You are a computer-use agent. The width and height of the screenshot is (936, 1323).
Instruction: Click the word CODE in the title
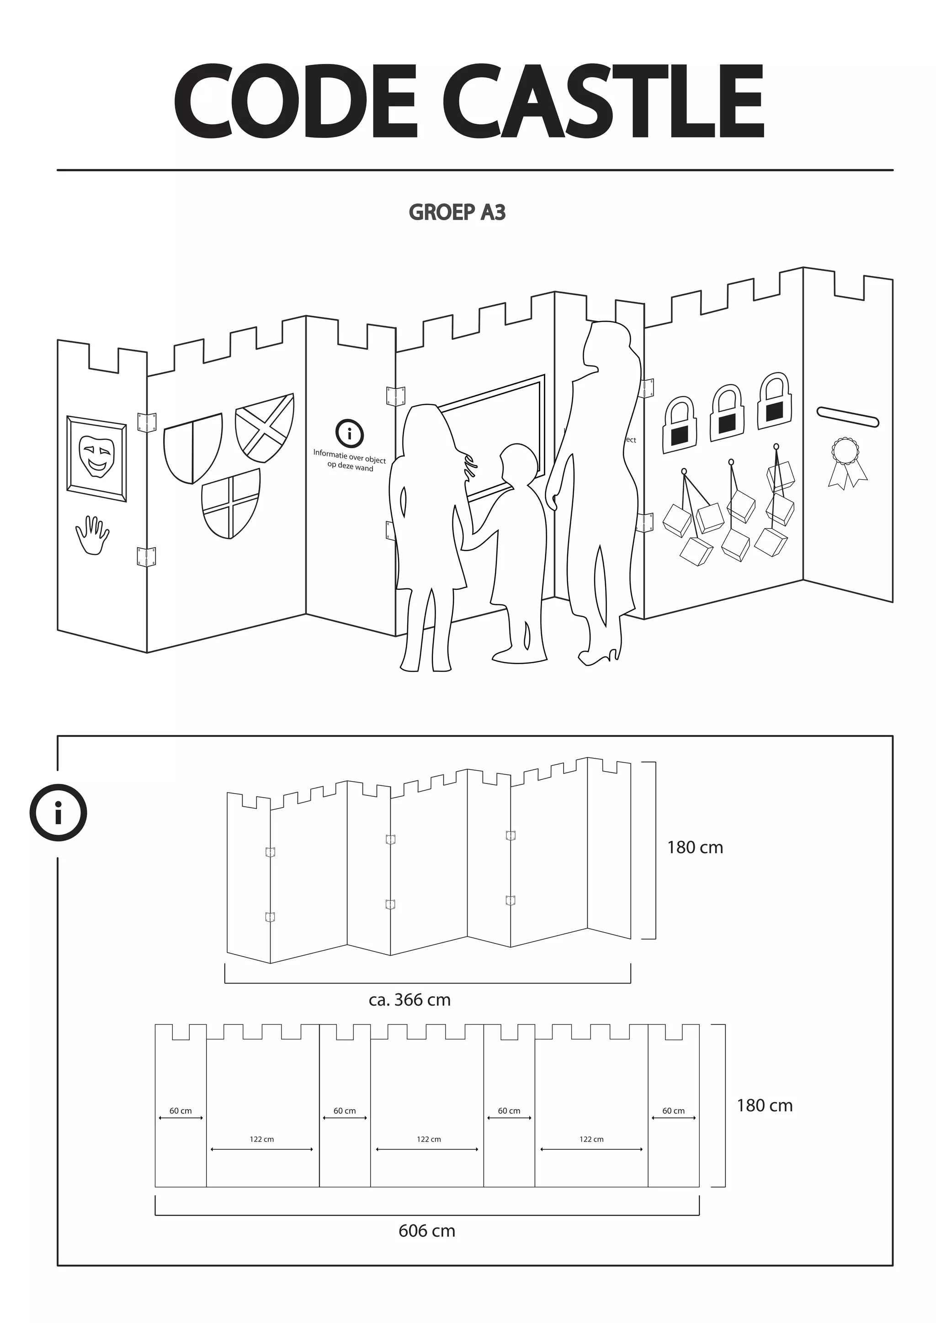pyautogui.click(x=295, y=101)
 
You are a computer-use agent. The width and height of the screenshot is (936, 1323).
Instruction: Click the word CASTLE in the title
pyautogui.click(x=603, y=101)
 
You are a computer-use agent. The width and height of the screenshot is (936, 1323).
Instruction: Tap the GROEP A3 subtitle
pyautogui.click(x=457, y=212)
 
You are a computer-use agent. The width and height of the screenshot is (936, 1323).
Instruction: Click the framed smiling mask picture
pyautogui.click(x=97, y=458)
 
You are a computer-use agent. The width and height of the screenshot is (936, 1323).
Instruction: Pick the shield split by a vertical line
pyautogui.click(x=192, y=448)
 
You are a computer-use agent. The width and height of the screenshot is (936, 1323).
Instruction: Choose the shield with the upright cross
pyautogui.click(x=230, y=503)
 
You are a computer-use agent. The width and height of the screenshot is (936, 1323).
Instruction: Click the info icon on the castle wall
pyautogui.click(x=349, y=434)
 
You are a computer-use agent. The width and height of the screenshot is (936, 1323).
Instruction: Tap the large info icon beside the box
pyautogui.click(x=58, y=812)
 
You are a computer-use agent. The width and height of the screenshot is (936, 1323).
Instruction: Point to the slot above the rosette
pyautogui.click(x=847, y=417)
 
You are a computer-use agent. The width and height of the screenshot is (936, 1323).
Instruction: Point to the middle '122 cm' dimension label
pyautogui.click(x=429, y=1139)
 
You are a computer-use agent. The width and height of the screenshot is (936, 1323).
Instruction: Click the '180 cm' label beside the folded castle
pyautogui.click(x=695, y=847)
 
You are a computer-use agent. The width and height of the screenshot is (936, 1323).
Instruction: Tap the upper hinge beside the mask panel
pyautogui.click(x=146, y=421)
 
